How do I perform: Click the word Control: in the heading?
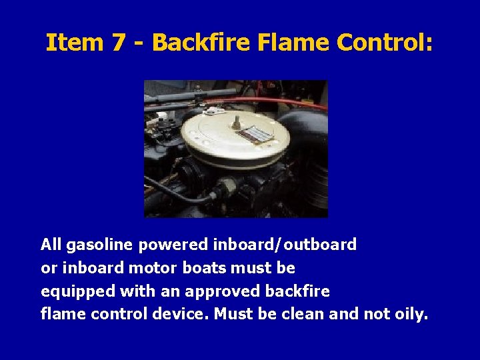click(385, 43)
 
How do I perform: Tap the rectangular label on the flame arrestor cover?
click(257, 134)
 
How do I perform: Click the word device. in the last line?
click(183, 314)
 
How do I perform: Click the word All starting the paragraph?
click(51, 245)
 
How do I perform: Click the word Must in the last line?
click(235, 314)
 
